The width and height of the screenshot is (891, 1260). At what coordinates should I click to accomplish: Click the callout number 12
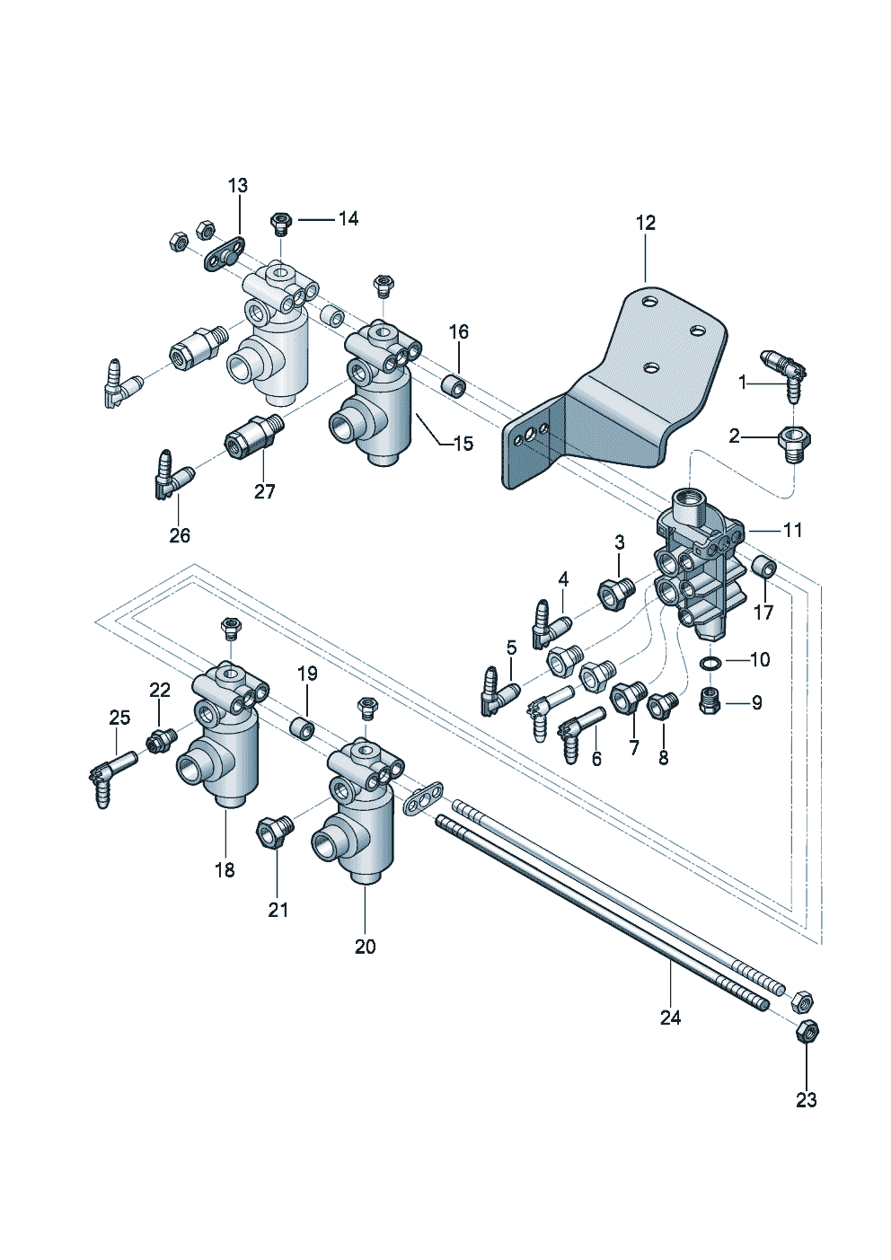(646, 224)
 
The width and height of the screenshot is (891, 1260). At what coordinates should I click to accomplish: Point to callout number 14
(348, 218)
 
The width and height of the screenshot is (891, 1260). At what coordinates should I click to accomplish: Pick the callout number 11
(792, 530)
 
